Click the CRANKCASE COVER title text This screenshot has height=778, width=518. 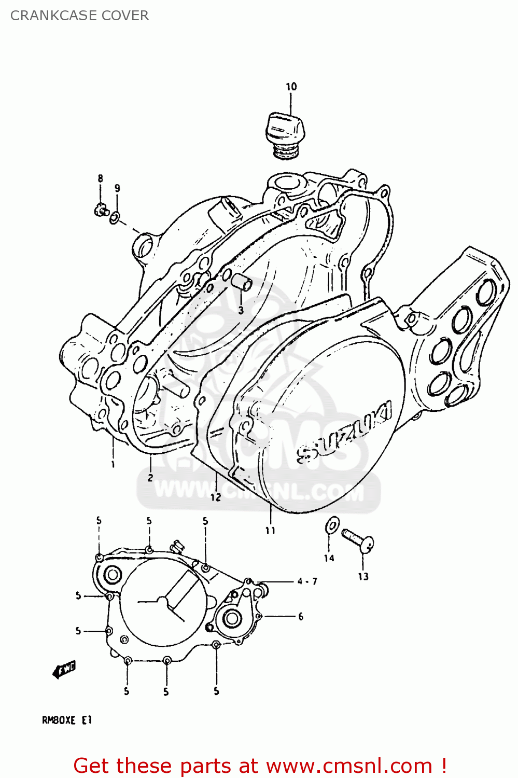79,16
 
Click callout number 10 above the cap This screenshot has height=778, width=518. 291,87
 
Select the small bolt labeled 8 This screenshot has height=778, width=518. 100,210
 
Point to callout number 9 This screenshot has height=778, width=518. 117,188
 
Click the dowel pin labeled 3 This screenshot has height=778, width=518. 242,282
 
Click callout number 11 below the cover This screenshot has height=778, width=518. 270,530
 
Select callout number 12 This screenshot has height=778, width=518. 215,497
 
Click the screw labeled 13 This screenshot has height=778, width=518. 357,539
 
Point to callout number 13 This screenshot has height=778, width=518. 363,576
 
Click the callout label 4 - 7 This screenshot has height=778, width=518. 307,581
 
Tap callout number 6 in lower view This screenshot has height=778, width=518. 301,616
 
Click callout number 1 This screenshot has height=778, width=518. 113,464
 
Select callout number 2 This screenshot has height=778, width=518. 150,478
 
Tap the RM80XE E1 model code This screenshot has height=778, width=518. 66,720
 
